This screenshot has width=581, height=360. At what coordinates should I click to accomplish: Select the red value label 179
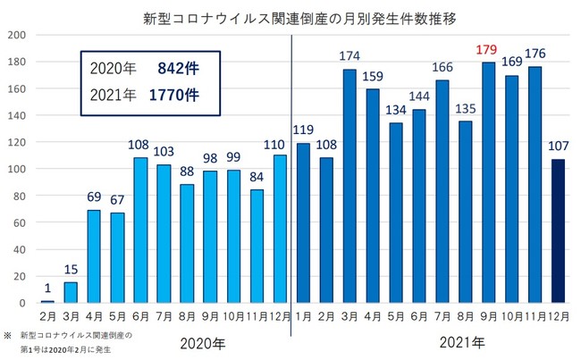point(512,49)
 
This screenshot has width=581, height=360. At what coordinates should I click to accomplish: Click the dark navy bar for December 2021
point(560,231)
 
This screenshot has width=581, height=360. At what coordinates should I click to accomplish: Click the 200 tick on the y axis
point(17,35)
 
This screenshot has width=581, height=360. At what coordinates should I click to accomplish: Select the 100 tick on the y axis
point(17,169)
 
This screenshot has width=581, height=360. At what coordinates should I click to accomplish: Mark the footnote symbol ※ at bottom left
point(9,334)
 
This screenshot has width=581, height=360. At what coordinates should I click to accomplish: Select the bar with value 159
point(374,196)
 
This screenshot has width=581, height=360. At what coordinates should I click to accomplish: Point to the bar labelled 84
point(257,247)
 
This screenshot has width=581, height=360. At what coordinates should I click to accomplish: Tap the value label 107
point(560,147)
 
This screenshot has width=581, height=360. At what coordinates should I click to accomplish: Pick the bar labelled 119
point(304,222)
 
